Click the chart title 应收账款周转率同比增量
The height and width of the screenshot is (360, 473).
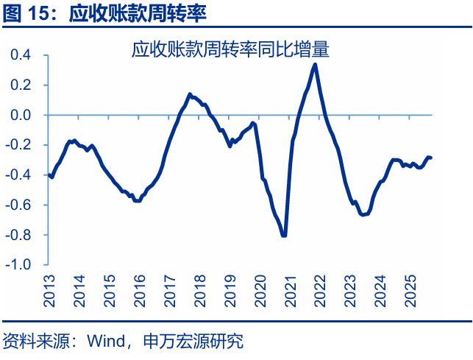pos(230,50)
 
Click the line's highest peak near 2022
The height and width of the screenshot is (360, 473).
pos(315,64)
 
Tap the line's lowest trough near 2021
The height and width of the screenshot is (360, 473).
pos(284,236)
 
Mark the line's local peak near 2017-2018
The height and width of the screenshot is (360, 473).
pos(190,94)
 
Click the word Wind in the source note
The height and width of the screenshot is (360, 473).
pos(103,342)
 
